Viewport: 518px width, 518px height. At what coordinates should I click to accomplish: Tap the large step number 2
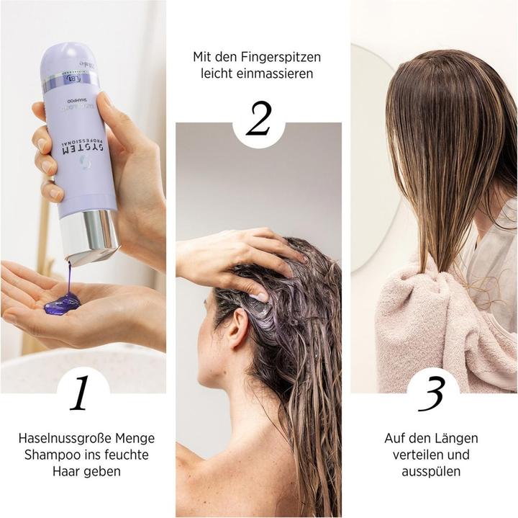pos(258,120)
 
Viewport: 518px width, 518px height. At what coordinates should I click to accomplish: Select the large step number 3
pos(432,393)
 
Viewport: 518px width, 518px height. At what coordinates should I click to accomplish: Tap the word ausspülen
pos(432,471)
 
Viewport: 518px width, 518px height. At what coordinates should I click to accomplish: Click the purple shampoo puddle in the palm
pos(62,303)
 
